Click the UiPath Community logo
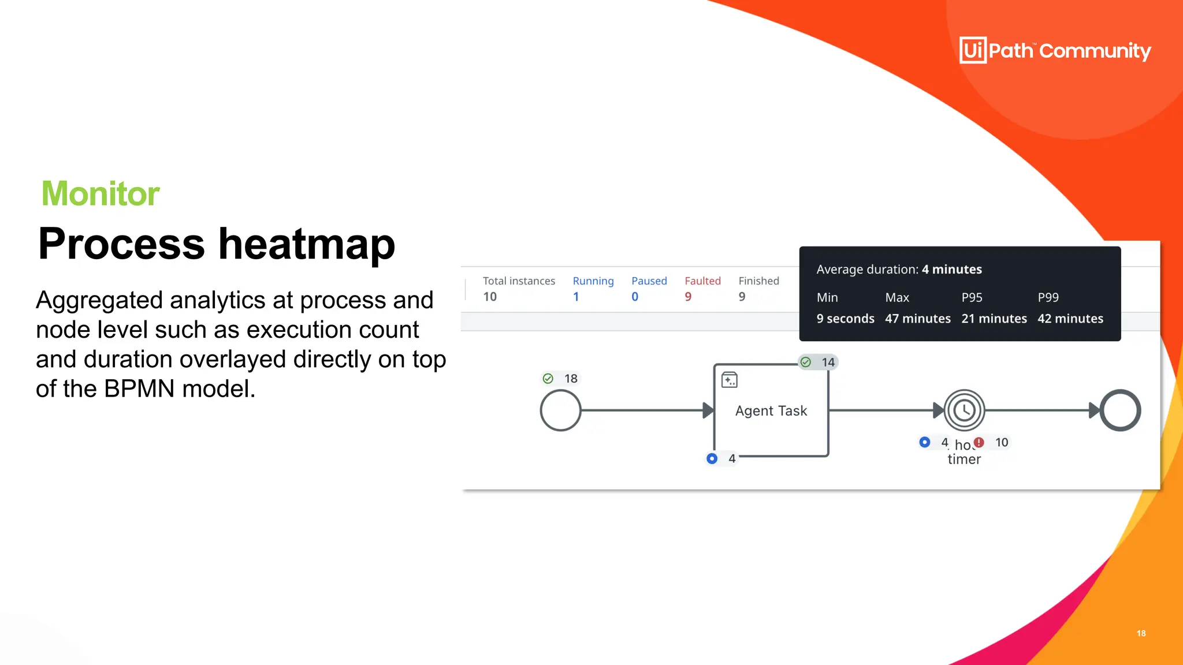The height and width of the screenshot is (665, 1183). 1055,50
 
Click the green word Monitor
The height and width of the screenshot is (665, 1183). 101,193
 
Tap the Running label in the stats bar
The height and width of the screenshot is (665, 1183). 593,281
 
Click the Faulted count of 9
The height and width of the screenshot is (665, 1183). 688,297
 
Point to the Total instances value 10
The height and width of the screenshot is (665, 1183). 490,297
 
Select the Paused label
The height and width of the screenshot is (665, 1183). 649,281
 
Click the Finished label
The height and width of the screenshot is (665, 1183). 758,281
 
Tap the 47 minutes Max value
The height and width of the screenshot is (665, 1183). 917,319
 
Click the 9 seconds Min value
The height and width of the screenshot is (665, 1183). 845,319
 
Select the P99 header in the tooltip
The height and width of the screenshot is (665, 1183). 1048,298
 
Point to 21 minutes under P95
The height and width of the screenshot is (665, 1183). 994,319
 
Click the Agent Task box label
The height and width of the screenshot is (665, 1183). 771,411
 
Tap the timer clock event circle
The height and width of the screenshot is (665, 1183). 964,410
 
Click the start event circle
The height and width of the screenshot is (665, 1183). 560,410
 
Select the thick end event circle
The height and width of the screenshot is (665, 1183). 1120,410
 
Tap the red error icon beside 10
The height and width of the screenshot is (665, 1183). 979,443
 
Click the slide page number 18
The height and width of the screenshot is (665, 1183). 1141,633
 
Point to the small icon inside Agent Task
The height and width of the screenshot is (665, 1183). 730,380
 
